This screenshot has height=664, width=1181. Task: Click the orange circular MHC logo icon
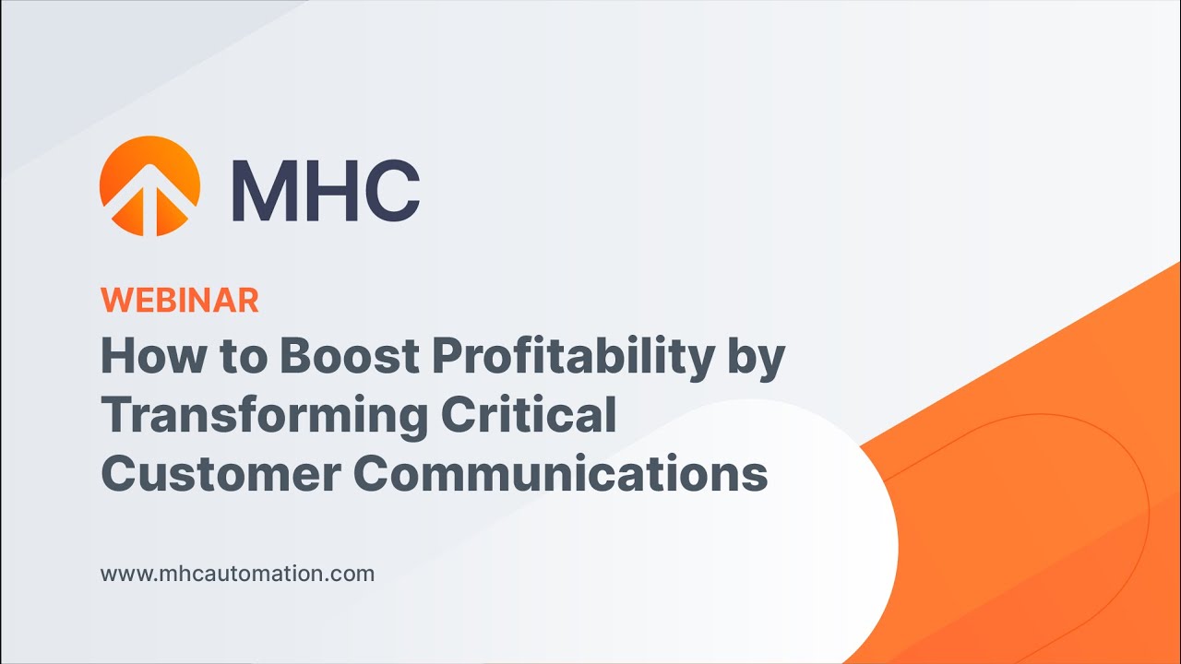point(149,185)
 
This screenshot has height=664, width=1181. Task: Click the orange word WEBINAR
point(180,300)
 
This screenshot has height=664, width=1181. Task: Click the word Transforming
point(264,416)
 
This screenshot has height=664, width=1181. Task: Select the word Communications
point(561,473)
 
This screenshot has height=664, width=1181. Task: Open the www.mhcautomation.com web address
point(237,574)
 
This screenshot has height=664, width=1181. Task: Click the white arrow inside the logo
point(149,198)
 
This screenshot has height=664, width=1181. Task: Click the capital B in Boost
point(295,356)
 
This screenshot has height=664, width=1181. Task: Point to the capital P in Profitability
point(448,356)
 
